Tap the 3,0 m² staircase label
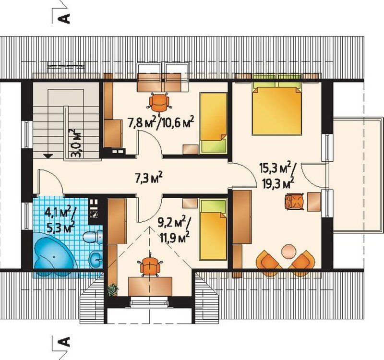[75, 143]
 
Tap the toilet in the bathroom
[93, 237]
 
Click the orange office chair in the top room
[159, 103]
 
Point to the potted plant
[113, 290]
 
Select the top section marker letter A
[65, 18]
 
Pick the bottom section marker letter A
[65, 341]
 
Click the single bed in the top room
[213, 123]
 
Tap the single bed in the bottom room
[213, 229]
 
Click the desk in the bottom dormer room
[150, 286]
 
